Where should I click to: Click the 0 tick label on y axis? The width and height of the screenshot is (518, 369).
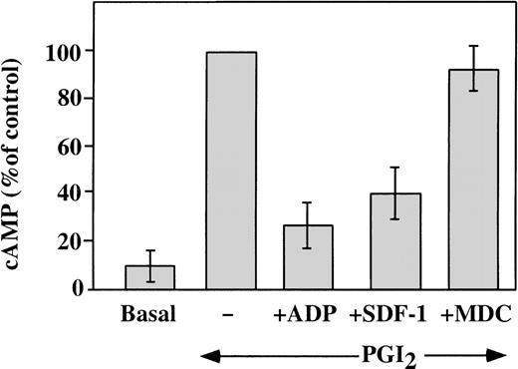92,289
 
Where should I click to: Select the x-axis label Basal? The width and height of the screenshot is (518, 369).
149,313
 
